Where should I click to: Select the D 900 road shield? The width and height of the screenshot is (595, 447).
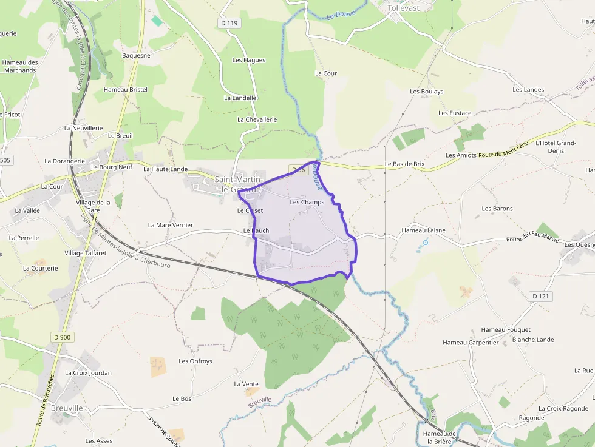pos(62,337)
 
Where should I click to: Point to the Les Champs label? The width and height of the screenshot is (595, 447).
pos(307,202)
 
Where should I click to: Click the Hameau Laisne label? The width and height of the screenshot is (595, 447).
pos(423,230)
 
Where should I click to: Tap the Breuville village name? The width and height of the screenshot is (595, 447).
pos(67,408)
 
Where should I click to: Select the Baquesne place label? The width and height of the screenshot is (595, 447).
pos(136,55)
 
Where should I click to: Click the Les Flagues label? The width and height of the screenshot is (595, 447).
pos(249,60)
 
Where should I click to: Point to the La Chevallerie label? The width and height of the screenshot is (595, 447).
pos(257,119)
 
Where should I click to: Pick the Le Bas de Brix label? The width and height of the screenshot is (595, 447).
pos(404,164)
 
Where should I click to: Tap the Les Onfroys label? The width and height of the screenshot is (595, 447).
pos(195,361)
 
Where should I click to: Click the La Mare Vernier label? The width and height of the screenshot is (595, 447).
pos(171,225)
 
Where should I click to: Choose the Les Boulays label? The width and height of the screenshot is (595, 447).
pos(427,92)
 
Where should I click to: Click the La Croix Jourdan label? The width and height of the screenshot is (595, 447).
pos(88,373)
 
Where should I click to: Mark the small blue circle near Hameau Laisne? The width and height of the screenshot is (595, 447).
pos(426,243)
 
